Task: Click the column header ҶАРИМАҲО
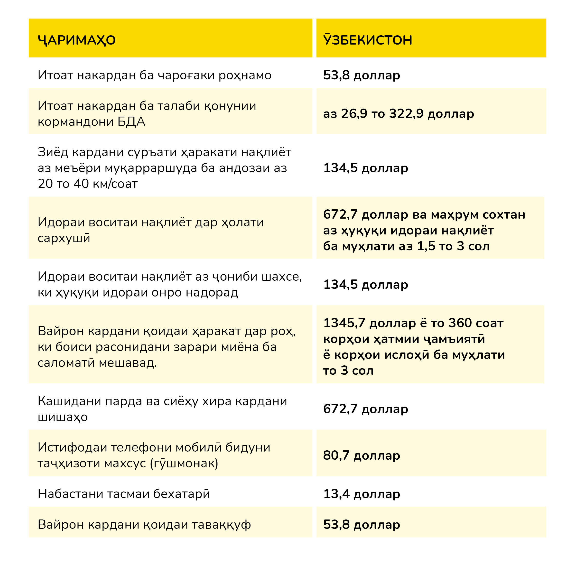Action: point(76,40)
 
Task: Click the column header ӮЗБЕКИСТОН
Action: point(368,40)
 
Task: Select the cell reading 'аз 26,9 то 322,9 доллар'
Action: point(399,114)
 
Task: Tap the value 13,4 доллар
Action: point(362,494)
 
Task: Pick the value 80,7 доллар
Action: point(362,455)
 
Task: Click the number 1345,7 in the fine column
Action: point(344,323)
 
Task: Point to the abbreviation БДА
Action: point(131,122)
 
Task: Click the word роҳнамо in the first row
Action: point(245,75)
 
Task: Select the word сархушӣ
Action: point(64,238)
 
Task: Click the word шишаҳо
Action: point(63,417)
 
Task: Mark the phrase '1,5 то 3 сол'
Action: point(453,246)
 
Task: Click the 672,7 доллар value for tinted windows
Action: point(365,409)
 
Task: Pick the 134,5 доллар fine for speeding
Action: point(365,168)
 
